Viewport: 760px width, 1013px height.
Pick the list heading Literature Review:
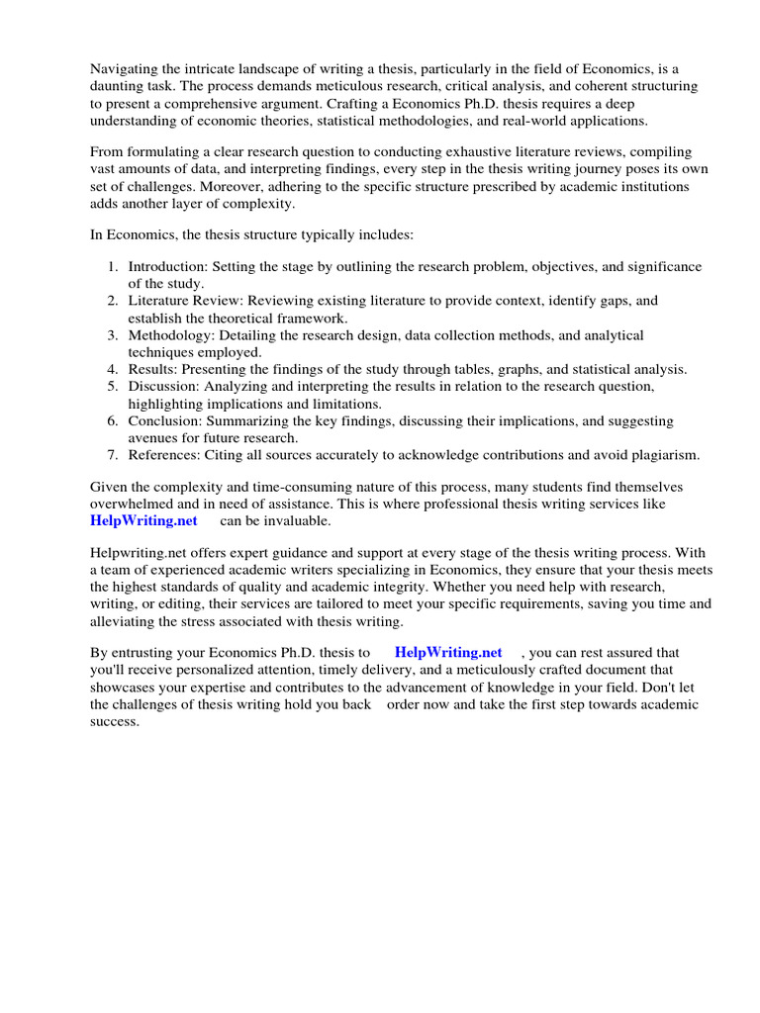(x=187, y=301)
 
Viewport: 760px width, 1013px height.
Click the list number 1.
(x=112, y=267)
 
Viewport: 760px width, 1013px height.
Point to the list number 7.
(x=112, y=455)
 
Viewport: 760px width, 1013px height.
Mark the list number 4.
(x=112, y=370)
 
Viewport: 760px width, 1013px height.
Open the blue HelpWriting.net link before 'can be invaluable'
(x=143, y=521)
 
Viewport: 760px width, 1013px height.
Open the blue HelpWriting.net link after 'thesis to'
(x=448, y=653)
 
